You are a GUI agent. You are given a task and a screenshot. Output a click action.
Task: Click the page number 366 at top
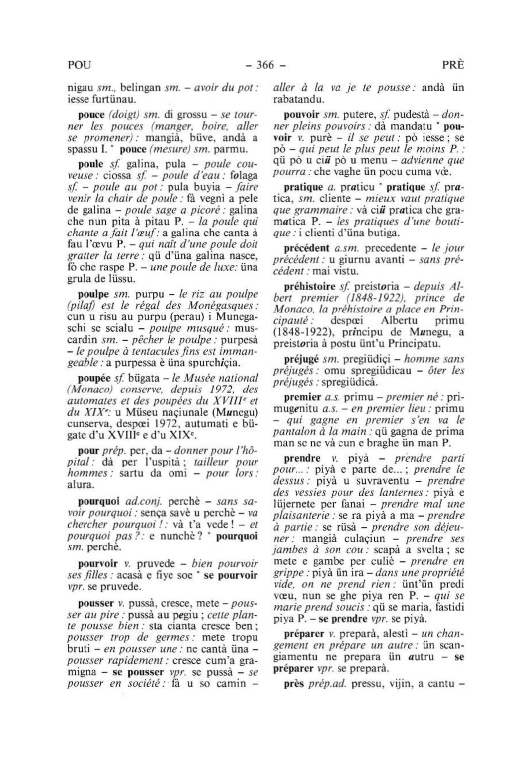[x=266, y=65]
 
